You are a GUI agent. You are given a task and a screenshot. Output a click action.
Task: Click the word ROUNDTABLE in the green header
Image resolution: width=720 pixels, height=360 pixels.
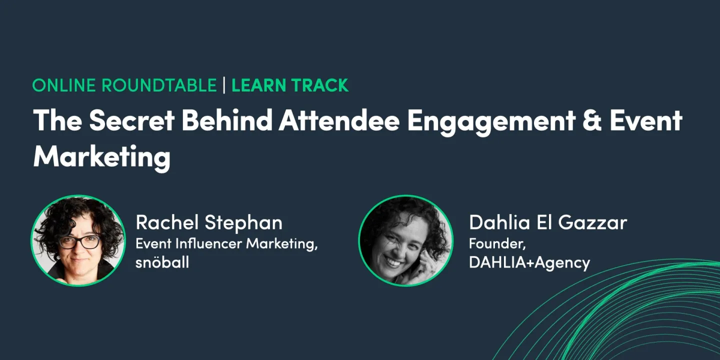tap(159, 85)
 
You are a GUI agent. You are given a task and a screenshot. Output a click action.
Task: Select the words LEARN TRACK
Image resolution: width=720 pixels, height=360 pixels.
tap(290, 85)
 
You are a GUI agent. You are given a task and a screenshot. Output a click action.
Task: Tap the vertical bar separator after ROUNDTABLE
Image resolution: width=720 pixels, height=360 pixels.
tap(224, 85)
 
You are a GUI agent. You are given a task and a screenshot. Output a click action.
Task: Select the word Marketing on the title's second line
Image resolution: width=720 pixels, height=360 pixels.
tap(101, 157)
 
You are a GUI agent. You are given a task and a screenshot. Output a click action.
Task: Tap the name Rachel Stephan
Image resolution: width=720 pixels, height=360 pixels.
tap(209, 223)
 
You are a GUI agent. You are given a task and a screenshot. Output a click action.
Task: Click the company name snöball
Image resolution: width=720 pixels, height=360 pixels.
tap(162, 262)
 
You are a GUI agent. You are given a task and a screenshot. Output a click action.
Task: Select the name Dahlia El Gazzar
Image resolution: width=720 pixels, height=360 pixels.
tap(547, 223)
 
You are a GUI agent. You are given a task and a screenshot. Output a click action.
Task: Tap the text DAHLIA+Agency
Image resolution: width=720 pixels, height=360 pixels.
tap(529, 262)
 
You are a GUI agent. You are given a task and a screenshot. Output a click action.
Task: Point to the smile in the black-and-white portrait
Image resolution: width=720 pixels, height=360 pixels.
tap(395, 261)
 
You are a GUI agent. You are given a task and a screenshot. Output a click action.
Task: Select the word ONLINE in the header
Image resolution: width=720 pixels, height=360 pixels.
tap(64, 85)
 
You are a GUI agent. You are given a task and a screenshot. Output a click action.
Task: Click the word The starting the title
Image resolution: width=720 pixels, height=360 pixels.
tap(54, 120)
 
